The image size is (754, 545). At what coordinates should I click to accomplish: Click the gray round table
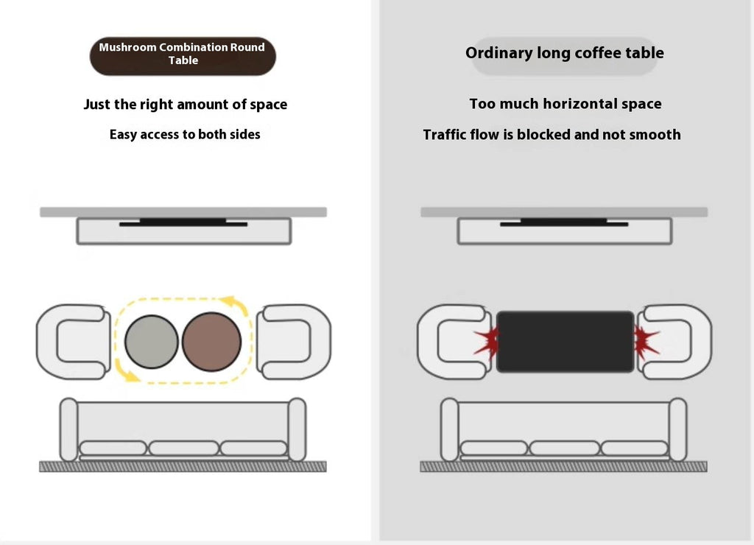[x=152, y=342]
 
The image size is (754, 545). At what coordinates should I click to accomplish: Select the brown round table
[x=211, y=342]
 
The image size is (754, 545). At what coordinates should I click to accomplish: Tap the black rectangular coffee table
[x=565, y=342]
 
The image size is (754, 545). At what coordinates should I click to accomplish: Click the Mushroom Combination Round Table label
[x=183, y=56]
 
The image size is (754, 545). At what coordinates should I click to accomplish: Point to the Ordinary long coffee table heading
[x=565, y=53]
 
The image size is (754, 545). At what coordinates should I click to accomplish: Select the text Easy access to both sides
[x=185, y=135]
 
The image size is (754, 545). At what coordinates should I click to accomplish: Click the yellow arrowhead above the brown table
[x=230, y=302]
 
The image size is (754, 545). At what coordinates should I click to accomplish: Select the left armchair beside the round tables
[x=73, y=342]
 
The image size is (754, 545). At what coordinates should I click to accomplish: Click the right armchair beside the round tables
[x=294, y=342]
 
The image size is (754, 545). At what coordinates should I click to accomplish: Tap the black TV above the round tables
[x=183, y=222]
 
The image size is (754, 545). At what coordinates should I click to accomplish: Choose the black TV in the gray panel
[x=564, y=222]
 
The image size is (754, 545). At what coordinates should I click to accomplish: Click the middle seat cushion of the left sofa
[x=183, y=449]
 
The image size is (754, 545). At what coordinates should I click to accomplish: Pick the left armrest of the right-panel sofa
[x=450, y=429]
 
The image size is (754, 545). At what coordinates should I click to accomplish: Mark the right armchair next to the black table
[x=674, y=342]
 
